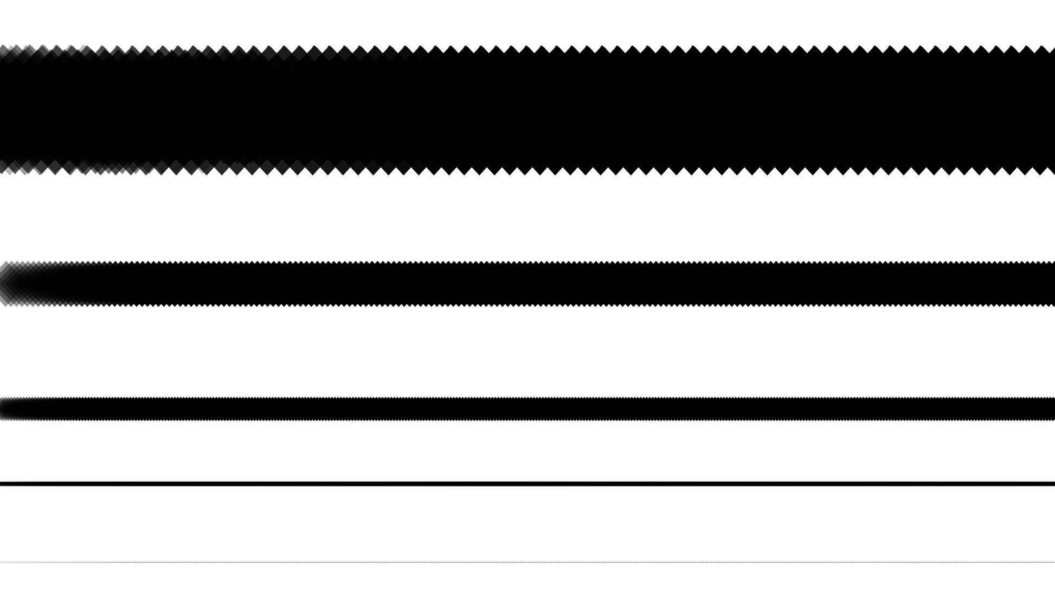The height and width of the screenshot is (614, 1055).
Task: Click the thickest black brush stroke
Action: (x=527, y=110)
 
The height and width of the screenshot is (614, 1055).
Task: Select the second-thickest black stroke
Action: (x=527, y=284)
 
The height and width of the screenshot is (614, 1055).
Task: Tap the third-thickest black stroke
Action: (x=527, y=408)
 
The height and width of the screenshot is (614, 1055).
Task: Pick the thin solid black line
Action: (x=527, y=483)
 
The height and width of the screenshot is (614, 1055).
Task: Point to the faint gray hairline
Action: (x=527, y=562)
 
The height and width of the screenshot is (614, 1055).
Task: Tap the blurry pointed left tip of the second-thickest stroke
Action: (x=7, y=284)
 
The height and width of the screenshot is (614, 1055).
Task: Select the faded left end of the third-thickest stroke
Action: (x=7, y=408)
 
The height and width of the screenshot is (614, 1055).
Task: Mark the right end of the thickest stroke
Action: (x=1049, y=110)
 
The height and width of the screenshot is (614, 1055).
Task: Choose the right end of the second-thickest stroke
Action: (x=1049, y=284)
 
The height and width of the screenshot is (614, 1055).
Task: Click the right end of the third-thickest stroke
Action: (x=1049, y=408)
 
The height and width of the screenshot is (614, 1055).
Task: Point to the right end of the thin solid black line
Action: (x=1051, y=483)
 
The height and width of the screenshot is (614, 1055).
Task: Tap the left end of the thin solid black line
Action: (x=3, y=483)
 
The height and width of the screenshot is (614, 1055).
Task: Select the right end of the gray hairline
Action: (x=1051, y=562)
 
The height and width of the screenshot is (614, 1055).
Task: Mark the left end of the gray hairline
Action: (x=3, y=562)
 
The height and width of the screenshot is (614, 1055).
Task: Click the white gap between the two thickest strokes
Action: (x=527, y=217)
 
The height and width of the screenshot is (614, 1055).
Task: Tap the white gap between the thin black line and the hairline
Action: (x=527, y=523)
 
